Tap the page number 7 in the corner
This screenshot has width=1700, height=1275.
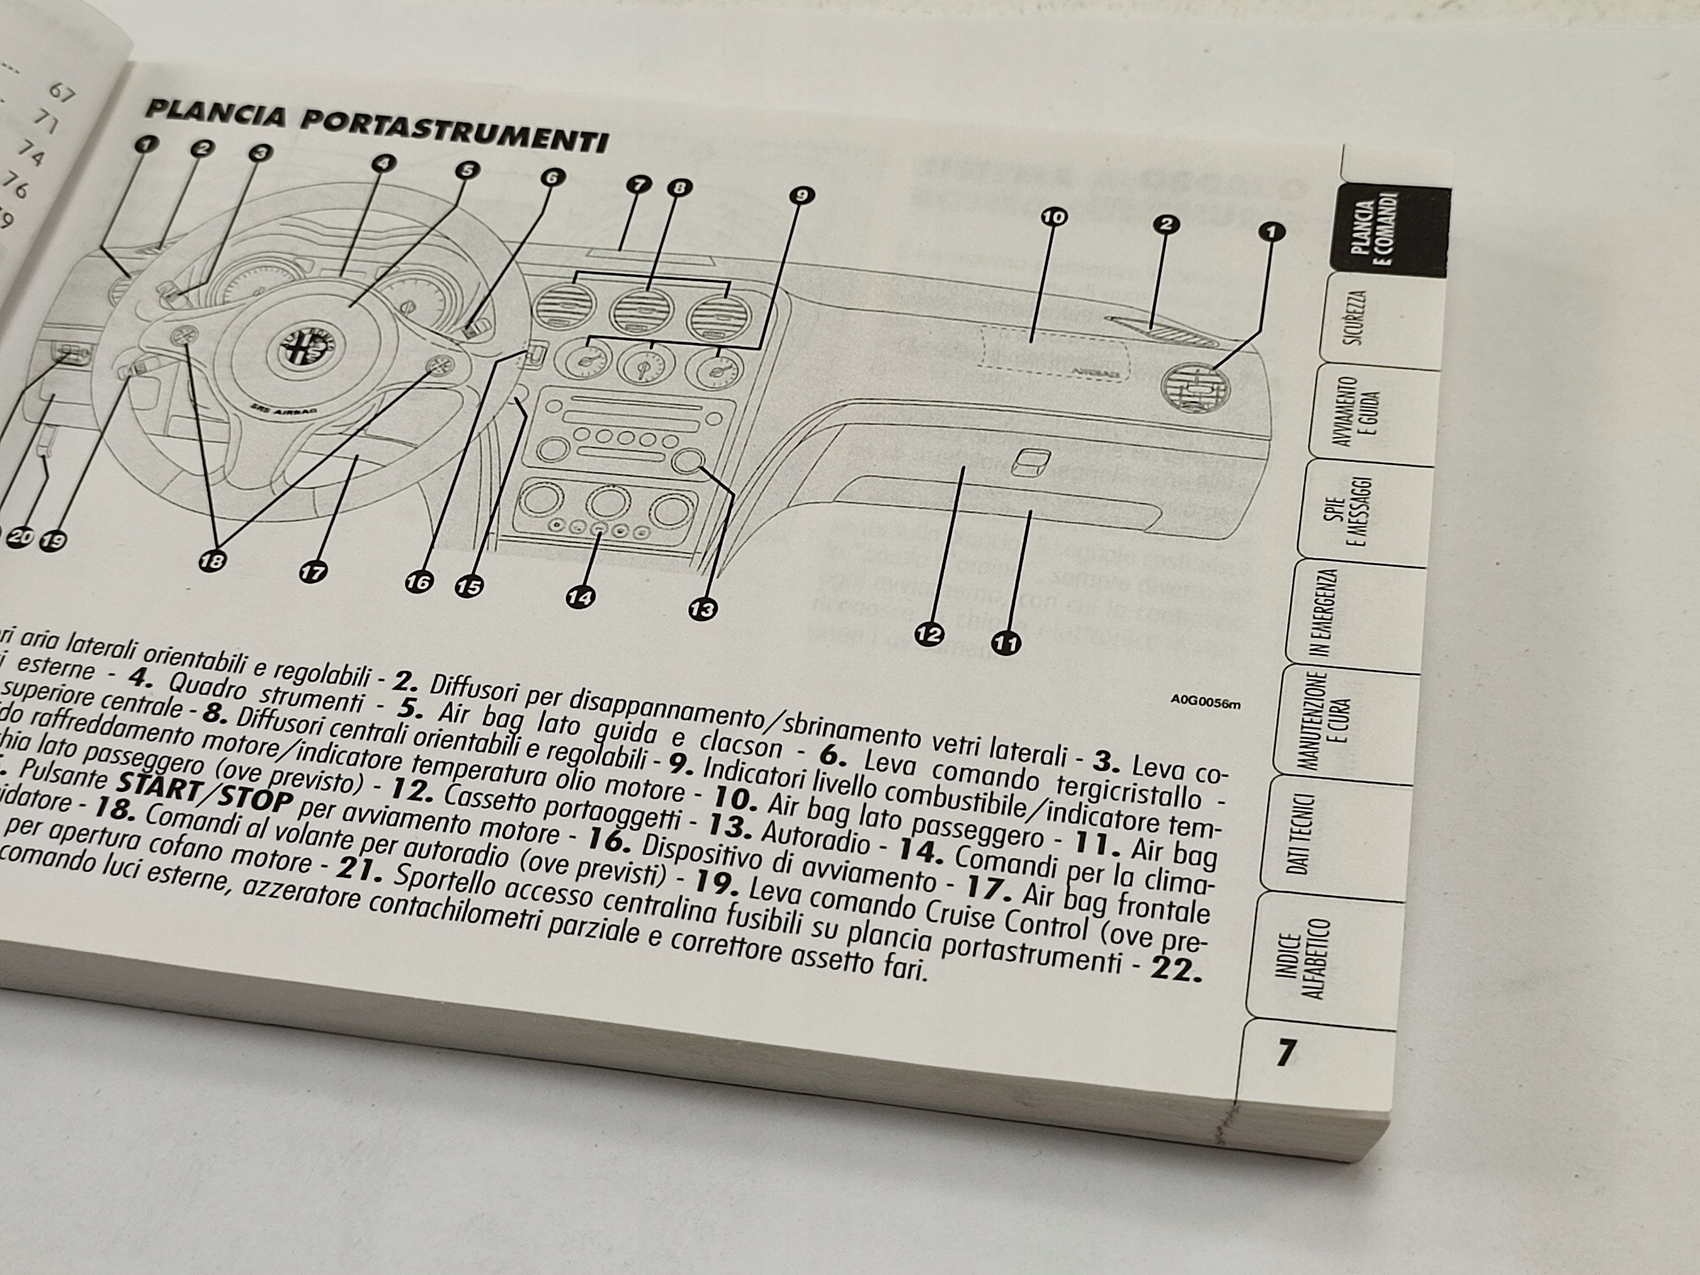[x=1286, y=1053]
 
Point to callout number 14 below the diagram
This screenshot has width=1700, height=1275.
[x=581, y=596]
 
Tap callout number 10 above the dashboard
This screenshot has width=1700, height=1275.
[x=1054, y=217]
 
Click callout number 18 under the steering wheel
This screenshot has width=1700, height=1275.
[x=212, y=561]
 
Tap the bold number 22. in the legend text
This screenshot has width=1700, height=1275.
[x=1175, y=970]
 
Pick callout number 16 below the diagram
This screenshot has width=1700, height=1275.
[x=418, y=582]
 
